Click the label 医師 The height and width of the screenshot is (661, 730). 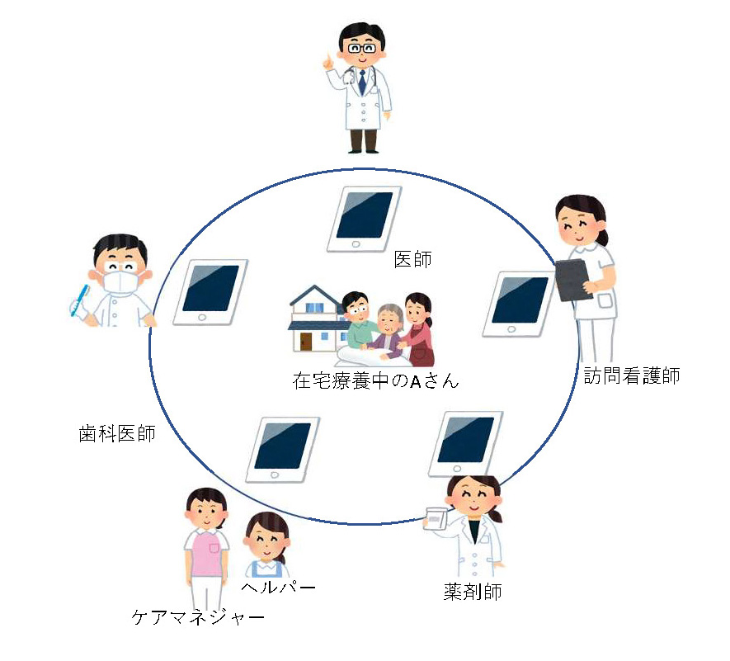click(414, 260)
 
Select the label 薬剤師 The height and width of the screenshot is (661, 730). click(472, 592)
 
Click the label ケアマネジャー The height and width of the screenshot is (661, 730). click(198, 617)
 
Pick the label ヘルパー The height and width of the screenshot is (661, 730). click(279, 587)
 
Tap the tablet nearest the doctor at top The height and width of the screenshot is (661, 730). click(364, 218)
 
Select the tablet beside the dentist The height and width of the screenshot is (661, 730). click(210, 292)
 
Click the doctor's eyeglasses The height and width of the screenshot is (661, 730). click(361, 49)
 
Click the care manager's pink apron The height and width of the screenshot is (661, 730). click(206, 553)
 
